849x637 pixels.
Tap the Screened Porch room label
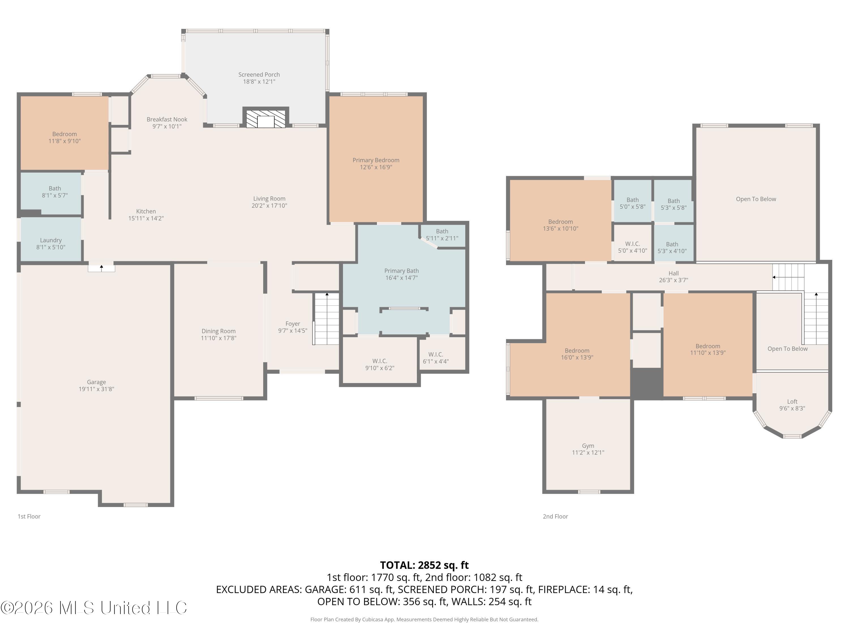pyautogui.click(x=259, y=74)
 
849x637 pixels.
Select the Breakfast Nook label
pyautogui.click(x=167, y=119)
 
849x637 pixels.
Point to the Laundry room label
pyautogui.click(x=51, y=240)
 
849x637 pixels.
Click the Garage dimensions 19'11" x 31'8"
pyautogui.click(x=96, y=389)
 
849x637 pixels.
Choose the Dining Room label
pyautogui.click(x=219, y=331)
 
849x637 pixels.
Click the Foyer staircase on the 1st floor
pyautogui.click(x=327, y=319)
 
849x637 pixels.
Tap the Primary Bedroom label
pyautogui.click(x=376, y=160)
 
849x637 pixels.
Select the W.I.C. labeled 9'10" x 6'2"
pyautogui.click(x=380, y=361)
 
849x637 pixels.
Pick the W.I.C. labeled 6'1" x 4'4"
pyautogui.click(x=436, y=354)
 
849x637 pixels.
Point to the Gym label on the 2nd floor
pyautogui.click(x=588, y=446)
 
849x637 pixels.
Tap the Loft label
pyautogui.click(x=792, y=402)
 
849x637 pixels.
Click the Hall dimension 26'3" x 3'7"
pyautogui.click(x=674, y=280)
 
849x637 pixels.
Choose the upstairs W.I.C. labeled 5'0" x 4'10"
pyautogui.click(x=633, y=244)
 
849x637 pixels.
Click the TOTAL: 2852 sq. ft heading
pyautogui.click(x=424, y=565)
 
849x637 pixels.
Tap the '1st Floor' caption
pyautogui.click(x=29, y=516)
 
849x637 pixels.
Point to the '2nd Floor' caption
pyautogui.click(x=555, y=516)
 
